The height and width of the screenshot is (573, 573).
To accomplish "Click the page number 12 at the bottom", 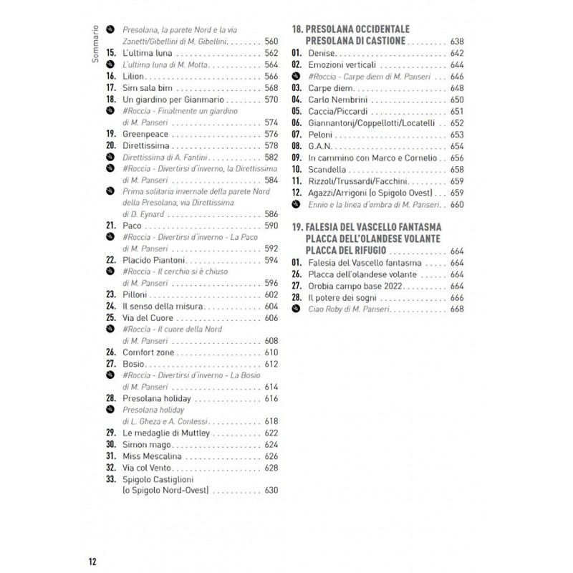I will click(x=93, y=560).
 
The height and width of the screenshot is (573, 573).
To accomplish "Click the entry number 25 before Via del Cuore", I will click(x=111, y=317).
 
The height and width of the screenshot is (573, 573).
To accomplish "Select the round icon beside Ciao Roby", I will click(x=296, y=309).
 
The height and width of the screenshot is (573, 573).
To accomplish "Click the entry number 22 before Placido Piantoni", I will click(x=111, y=260).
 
